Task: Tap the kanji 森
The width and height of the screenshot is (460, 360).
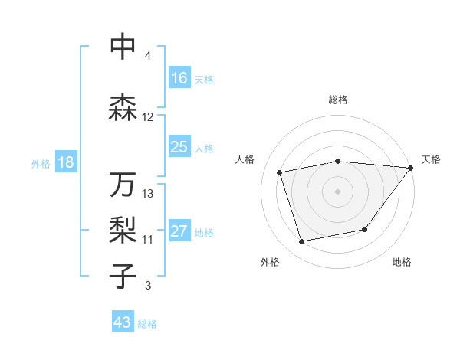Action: pyautogui.click(x=123, y=108)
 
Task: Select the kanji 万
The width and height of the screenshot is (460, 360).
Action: pyautogui.click(x=123, y=185)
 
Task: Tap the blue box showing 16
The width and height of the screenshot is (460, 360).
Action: pyautogui.click(x=179, y=77)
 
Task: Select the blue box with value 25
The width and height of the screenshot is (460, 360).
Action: pyautogui.click(x=179, y=147)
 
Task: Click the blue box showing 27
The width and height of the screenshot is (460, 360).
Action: pyautogui.click(x=179, y=231)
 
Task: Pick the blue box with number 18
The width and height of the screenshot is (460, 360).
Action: pyautogui.click(x=66, y=162)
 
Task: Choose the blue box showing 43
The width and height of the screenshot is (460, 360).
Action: pyautogui.click(x=123, y=322)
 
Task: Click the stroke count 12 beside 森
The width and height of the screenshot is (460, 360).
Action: pyautogui.click(x=148, y=117)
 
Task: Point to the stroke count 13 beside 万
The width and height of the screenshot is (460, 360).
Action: pyautogui.click(x=148, y=194)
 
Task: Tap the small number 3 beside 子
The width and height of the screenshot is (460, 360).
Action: pyautogui.click(x=147, y=286)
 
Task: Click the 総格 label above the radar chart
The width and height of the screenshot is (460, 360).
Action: pyautogui.click(x=338, y=100)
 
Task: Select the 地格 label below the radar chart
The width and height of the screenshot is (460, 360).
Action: pyautogui.click(x=402, y=263)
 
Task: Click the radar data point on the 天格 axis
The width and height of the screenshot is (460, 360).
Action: pyautogui.click(x=410, y=168)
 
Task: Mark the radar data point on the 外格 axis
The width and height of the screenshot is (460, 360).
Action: pyautogui.click(x=302, y=242)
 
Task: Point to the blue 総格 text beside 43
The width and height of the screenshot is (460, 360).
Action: pyautogui.click(x=147, y=324)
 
